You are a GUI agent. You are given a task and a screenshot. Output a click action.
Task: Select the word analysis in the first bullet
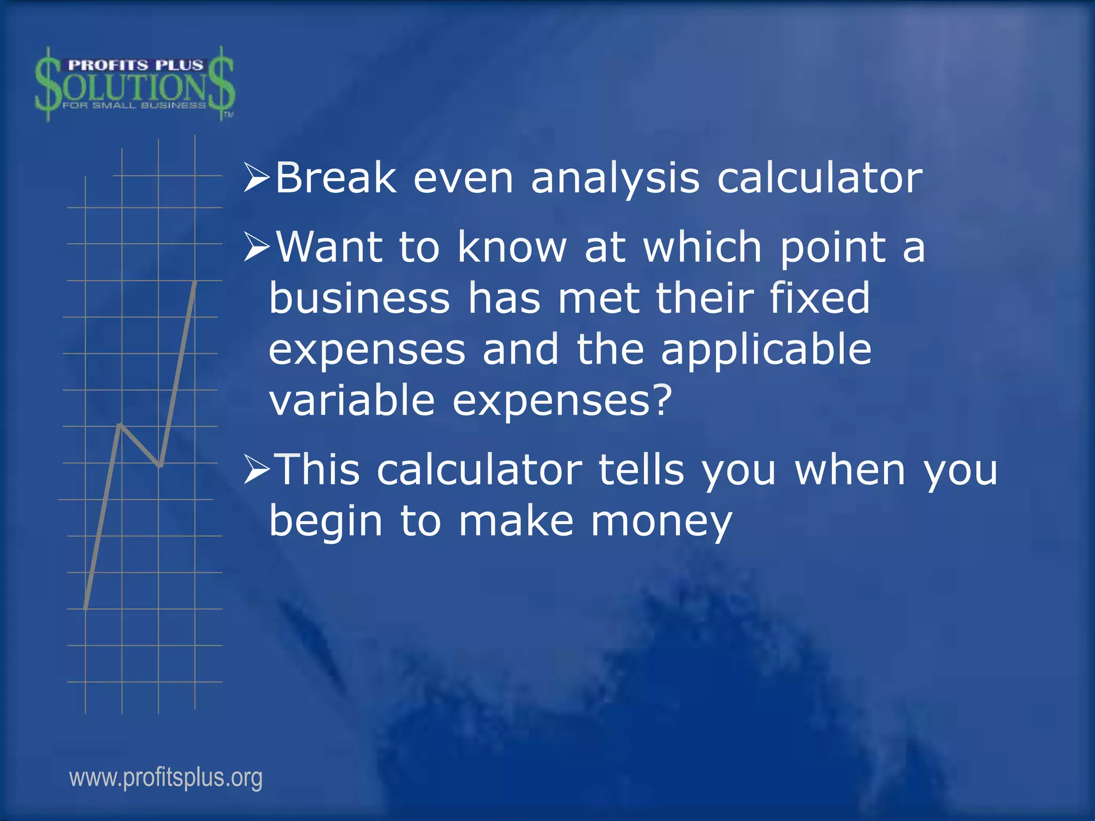click(615, 179)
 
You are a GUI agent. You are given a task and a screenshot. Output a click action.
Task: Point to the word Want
click(329, 247)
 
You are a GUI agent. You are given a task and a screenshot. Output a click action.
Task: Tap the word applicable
click(766, 350)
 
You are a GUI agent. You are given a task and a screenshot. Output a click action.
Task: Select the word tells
click(641, 469)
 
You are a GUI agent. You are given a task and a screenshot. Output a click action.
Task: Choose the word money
click(661, 521)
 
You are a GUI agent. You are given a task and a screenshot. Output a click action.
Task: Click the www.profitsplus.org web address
click(166, 778)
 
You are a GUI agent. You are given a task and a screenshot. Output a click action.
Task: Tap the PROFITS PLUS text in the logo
click(135, 65)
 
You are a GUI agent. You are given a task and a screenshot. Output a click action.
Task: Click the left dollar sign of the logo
click(48, 84)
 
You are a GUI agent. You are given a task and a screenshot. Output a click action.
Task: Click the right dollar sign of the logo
click(222, 84)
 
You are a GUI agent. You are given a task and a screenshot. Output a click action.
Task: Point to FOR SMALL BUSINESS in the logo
click(134, 105)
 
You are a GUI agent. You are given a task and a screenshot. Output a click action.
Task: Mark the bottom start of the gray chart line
click(86, 608)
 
